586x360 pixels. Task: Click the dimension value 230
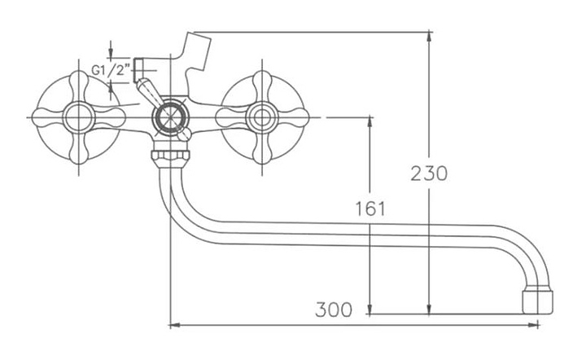[x=429, y=173]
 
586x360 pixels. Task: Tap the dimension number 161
[x=370, y=208]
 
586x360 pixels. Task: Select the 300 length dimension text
[x=334, y=310]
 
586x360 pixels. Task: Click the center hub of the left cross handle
[x=80, y=117]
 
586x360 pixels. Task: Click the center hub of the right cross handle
[x=262, y=116]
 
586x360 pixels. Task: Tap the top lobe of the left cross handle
[x=80, y=81]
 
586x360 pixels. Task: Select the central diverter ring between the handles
[x=170, y=116]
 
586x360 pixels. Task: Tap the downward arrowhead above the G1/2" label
[x=110, y=53]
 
